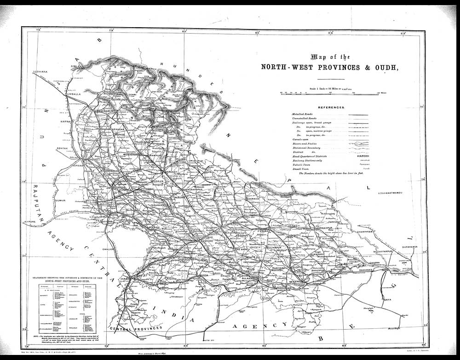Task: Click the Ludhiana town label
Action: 40,72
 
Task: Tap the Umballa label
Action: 72,93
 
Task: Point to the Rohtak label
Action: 62,148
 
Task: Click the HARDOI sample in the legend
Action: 364,157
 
